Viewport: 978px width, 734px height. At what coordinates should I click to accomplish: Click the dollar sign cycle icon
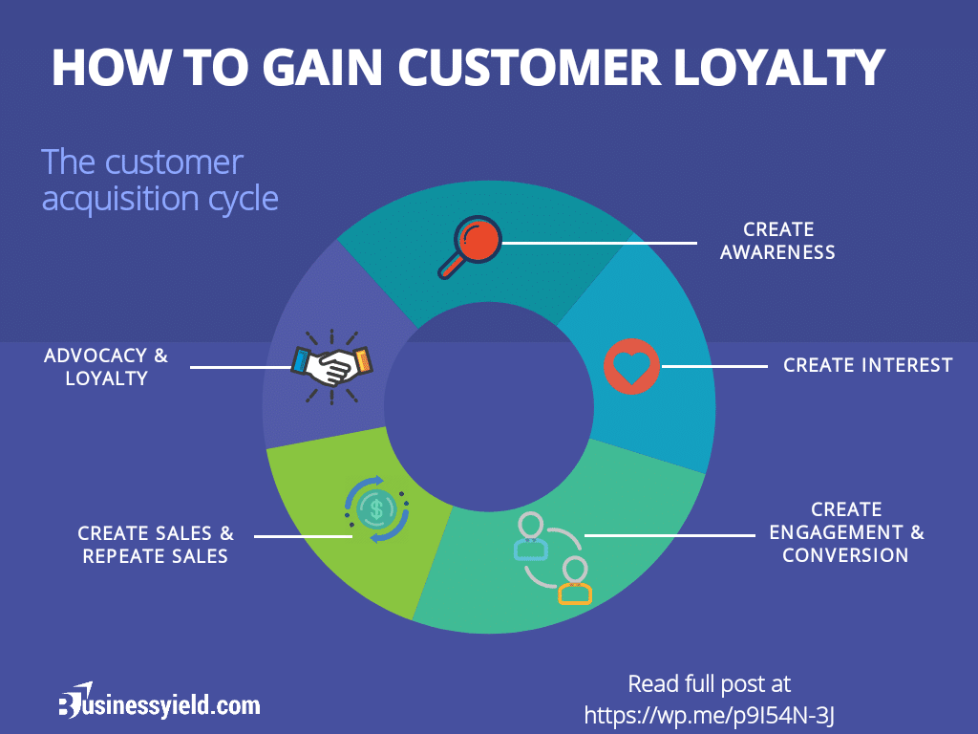pos(377,508)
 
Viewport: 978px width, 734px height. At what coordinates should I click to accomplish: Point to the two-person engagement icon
pos(554,558)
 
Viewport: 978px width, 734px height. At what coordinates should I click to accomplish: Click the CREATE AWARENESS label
pos(778,241)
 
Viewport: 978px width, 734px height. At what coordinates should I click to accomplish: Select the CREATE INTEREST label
pos(867,365)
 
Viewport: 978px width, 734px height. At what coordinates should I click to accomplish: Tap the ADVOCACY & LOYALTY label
pos(106,367)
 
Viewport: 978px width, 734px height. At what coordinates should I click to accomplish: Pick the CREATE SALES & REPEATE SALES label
pos(156,545)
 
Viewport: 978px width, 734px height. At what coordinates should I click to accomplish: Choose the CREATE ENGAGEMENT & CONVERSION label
pos(846,532)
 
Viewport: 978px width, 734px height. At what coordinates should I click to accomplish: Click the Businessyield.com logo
pos(159,704)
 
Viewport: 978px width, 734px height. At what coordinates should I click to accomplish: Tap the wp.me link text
pos(715,714)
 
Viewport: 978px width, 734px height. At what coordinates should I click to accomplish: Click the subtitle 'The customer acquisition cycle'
pos(159,180)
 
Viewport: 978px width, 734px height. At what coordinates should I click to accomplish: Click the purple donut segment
pos(315,315)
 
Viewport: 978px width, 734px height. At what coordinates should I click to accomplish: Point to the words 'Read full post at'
pos(709,684)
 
